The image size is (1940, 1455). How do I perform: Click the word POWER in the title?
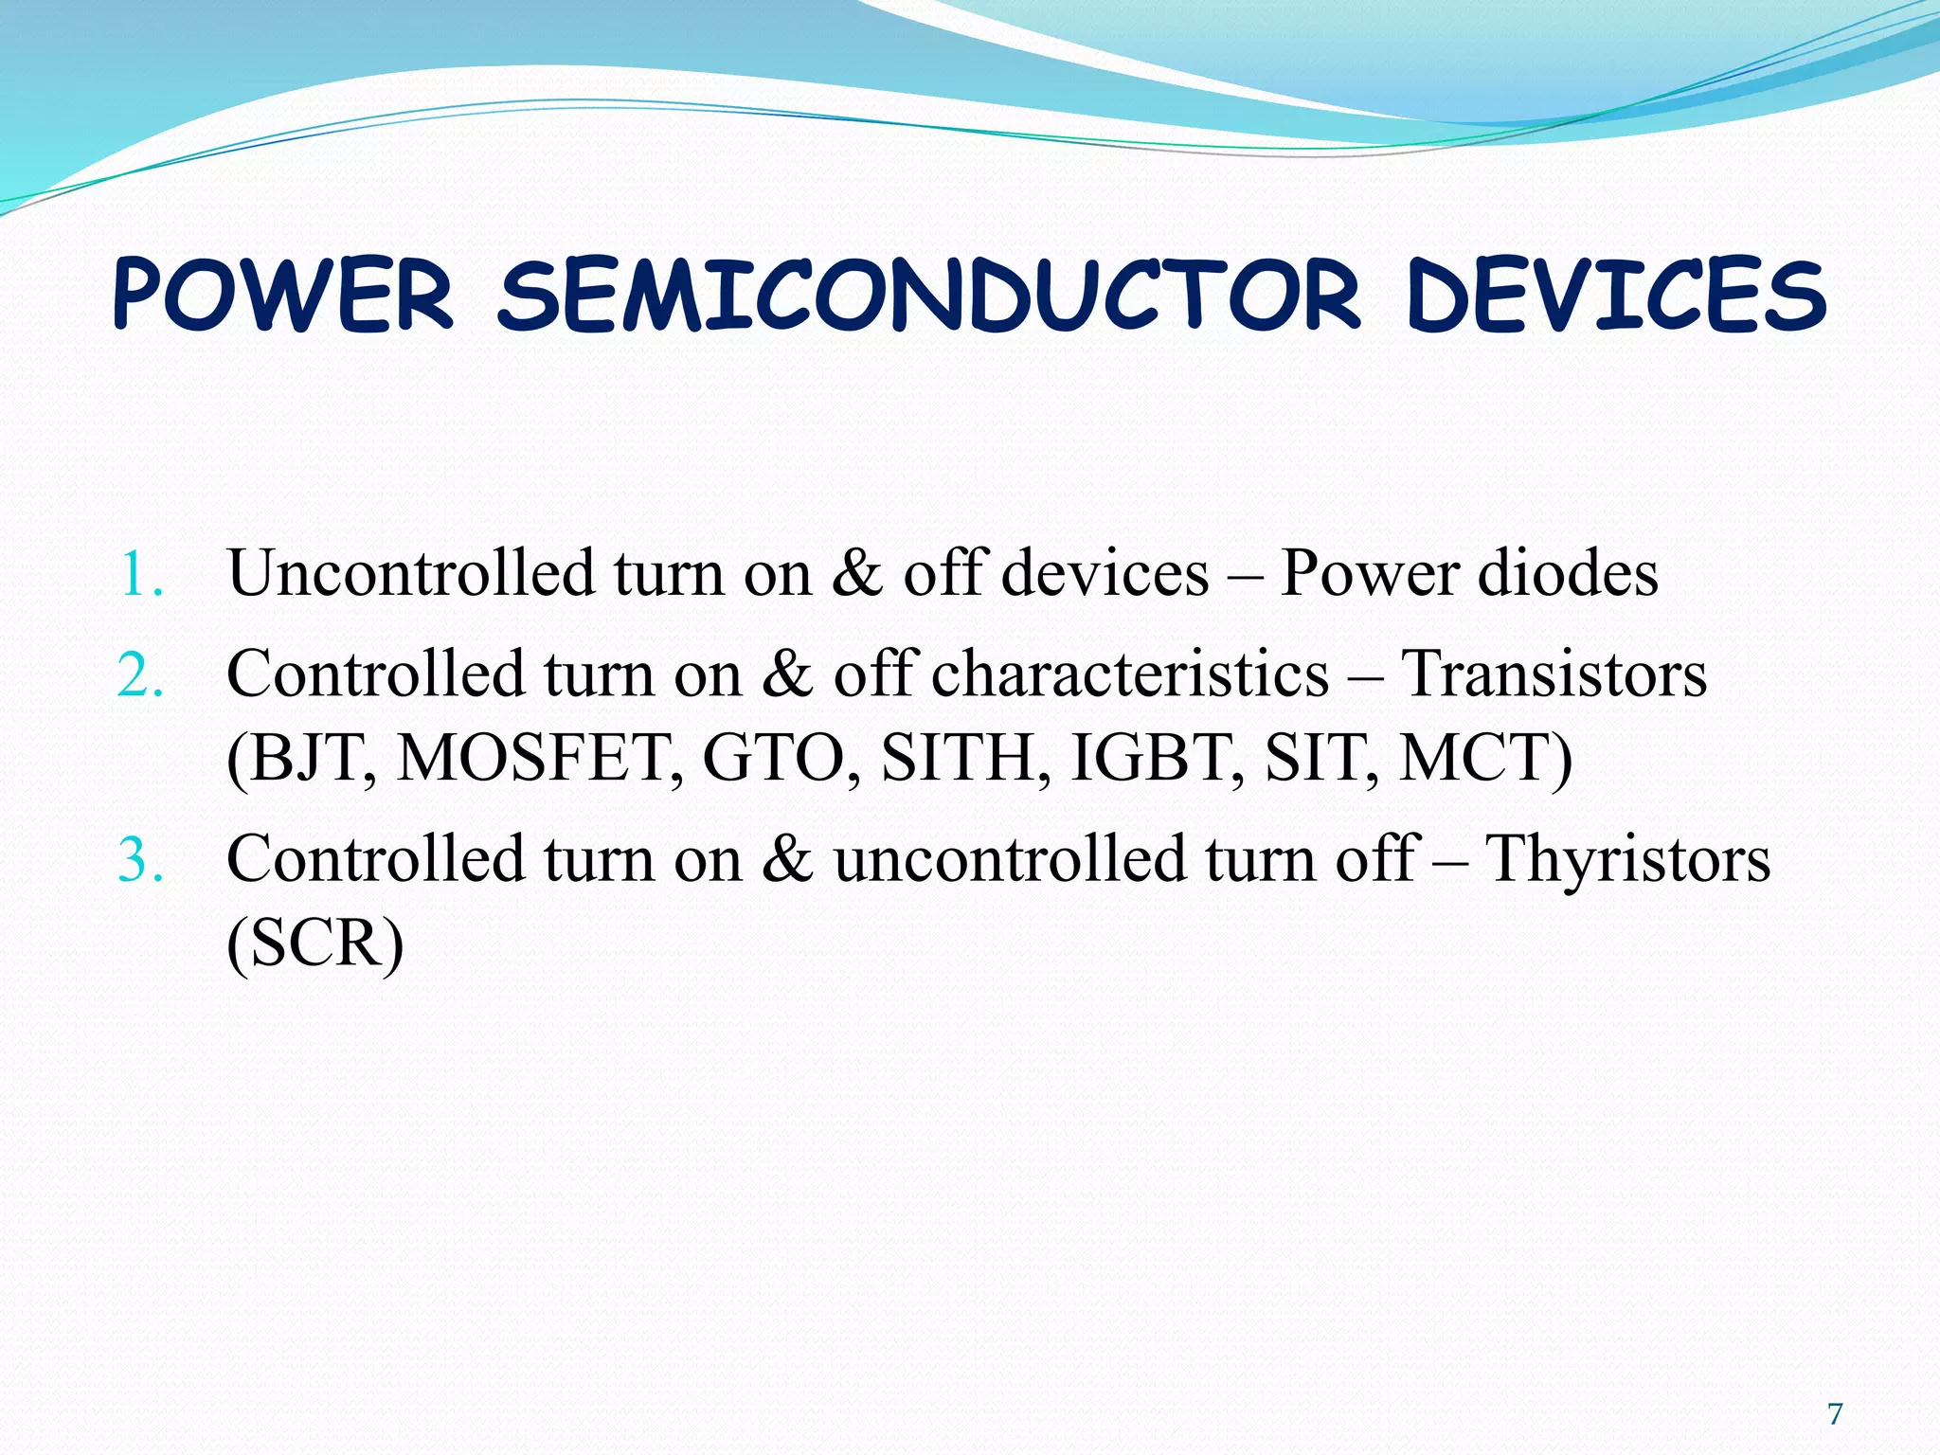283,296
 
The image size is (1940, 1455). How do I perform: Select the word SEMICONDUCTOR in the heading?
929,296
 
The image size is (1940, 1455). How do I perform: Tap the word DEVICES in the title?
1616,296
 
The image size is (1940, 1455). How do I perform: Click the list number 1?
140,575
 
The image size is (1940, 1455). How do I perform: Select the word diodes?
1568,573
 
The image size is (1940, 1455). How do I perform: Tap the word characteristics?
1130,674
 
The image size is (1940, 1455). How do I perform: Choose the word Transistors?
1554,674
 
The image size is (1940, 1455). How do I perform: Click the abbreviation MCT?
1473,758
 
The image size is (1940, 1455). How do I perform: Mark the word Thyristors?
1626,859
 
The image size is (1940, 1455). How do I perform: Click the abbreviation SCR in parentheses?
316,943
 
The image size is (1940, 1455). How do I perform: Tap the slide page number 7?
1835,1414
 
